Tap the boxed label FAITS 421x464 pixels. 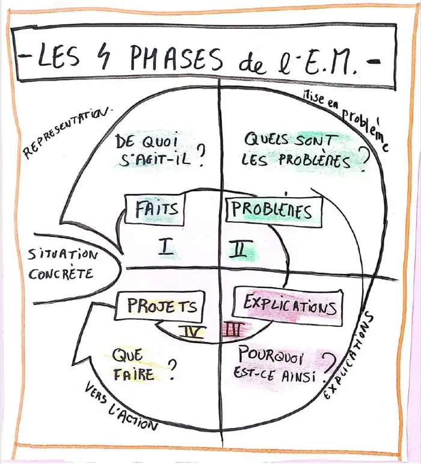[x=155, y=209]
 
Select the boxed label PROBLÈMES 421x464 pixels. [x=273, y=210]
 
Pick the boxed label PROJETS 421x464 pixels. [x=160, y=306]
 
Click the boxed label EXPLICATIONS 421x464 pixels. [x=288, y=307]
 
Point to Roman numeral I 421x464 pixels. [x=167, y=247]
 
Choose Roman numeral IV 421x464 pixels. [x=192, y=332]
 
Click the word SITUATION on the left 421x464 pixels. [x=62, y=255]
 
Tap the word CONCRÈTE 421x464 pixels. [x=61, y=274]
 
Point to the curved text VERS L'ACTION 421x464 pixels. [x=120, y=406]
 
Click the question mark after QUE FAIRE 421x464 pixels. [x=171, y=370]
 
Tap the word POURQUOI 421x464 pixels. [x=270, y=356]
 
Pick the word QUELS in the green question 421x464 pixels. [x=266, y=139]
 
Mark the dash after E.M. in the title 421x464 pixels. [x=373, y=61]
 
